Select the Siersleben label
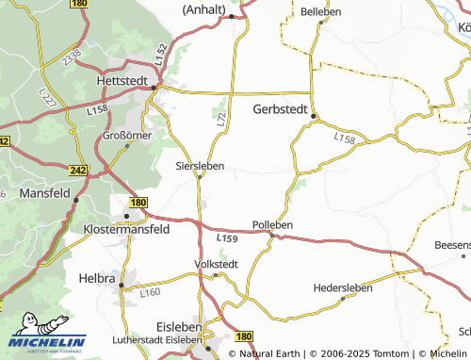(200, 165)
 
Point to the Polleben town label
(273, 224)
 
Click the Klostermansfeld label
(125, 229)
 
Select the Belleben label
(321, 11)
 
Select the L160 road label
(149, 292)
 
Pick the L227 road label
(46, 95)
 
